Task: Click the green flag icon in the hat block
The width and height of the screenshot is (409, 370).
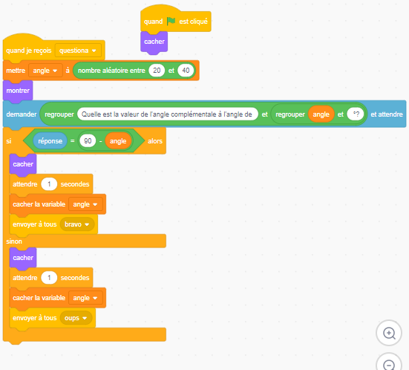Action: pos(171,21)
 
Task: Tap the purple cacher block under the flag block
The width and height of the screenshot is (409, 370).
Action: pos(154,42)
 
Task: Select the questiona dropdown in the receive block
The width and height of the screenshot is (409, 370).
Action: pos(78,51)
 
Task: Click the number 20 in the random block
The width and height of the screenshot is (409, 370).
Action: pos(157,71)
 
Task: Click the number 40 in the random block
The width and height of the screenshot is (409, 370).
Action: pos(186,71)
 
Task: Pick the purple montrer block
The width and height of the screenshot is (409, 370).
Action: pos(18,91)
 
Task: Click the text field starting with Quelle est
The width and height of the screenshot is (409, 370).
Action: pos(168,114)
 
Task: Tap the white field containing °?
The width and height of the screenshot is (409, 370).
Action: pos(356,114)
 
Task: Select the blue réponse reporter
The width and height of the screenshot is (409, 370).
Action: pos(50,141)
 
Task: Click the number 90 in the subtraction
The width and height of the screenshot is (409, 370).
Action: pos(88,141)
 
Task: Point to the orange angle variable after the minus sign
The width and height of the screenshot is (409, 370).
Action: pos(118,141)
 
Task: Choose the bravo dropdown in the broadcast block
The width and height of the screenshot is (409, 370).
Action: pos(77,224)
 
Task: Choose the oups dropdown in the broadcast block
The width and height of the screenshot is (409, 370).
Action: pos(76,318)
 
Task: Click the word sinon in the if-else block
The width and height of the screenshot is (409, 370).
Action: pos(14,241)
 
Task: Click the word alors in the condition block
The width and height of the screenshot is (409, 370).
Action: pos(155,141)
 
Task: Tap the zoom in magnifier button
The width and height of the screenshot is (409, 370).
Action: pos(389,333)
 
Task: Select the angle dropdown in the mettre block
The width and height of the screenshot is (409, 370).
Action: pos(45,71)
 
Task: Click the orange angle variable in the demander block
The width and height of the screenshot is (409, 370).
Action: pos(321,114)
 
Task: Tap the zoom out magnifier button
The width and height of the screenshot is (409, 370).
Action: pos(389,363)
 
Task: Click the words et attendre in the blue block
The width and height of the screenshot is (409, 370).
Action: pos(387,114)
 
